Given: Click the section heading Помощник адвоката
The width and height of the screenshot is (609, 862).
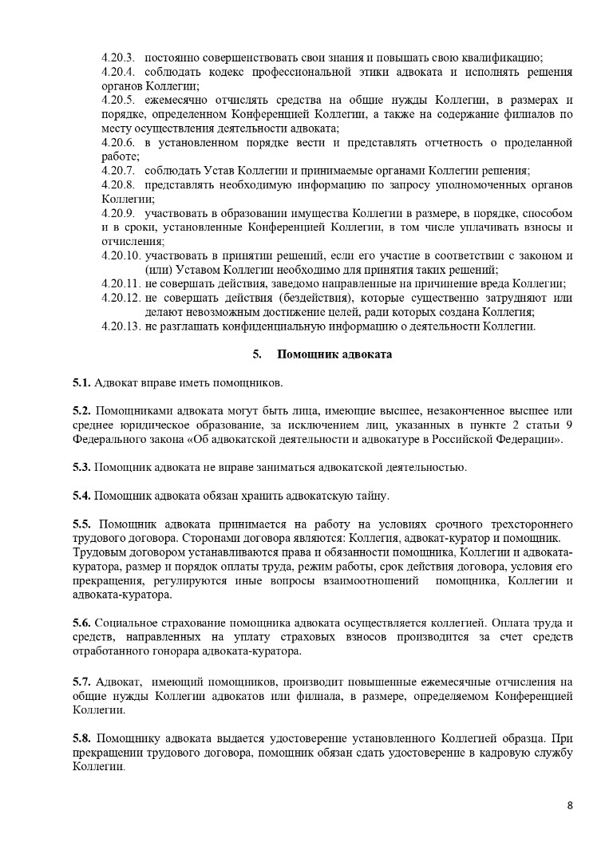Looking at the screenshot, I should coord(334,354).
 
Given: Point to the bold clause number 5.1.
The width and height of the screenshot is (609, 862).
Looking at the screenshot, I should coord(81,382).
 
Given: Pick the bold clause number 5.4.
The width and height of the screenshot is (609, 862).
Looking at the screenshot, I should coord(81,496).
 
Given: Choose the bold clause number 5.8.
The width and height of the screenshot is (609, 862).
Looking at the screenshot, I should coord(81,737).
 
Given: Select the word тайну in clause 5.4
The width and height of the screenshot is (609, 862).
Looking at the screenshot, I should coord(370,496).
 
